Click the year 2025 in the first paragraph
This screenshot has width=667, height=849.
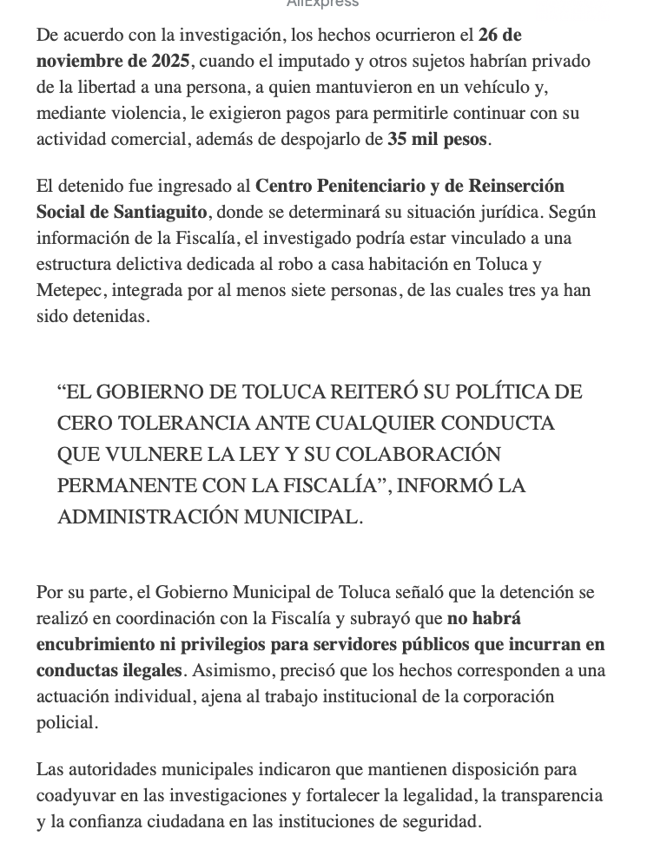point(170,62)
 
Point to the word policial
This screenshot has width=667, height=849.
point(66,723)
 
